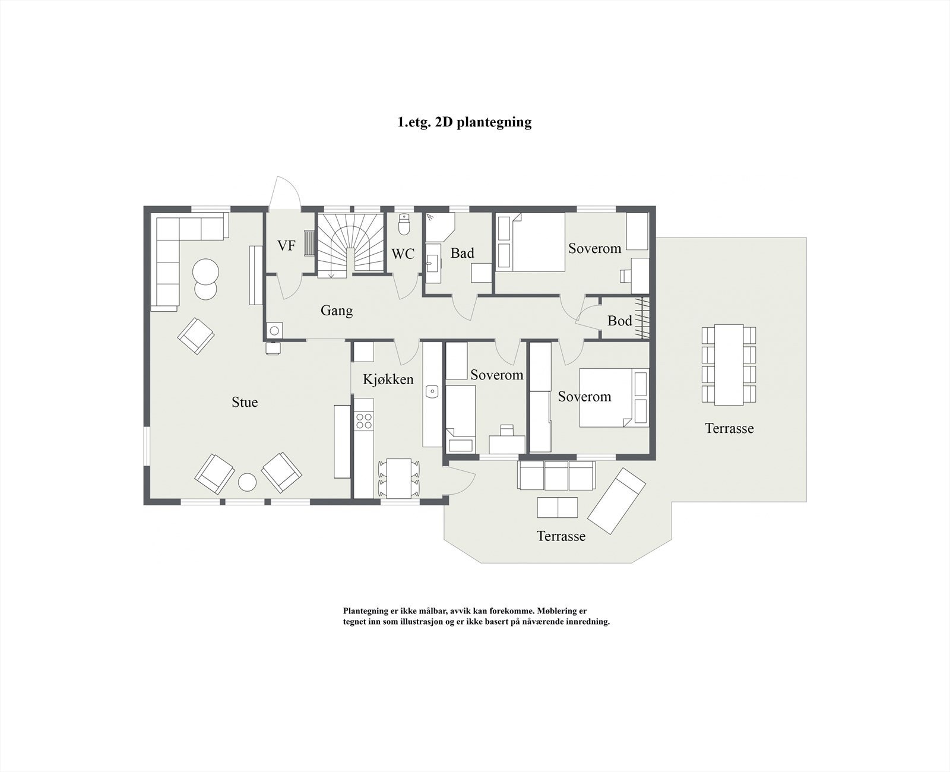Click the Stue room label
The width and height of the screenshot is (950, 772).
click(x=245, y=403)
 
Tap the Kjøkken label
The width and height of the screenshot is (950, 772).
click(x=388, y=379)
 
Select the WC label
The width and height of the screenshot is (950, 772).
click(x=403, y=254)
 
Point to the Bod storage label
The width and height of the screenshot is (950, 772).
click(x=619, y=321)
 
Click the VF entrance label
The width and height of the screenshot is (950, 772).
click(x=286, y=245)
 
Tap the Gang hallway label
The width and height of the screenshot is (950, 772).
click(x=337, y=311)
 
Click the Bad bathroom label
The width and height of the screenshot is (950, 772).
click(x=462, y=254)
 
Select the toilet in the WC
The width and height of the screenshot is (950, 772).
click(x=404, y=225)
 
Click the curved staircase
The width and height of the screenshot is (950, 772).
click(x=350, y=243)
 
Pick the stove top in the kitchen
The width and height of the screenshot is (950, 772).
click(x=363, y=421)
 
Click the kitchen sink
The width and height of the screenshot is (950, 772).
click(x=432, y=391)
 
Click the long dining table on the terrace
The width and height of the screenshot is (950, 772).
click(x=729, y=364)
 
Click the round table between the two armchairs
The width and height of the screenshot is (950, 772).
click(x=247, y=482)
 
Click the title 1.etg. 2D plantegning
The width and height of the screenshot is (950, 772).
click(x=464, y=122)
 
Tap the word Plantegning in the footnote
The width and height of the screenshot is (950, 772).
click(x=364, y=610)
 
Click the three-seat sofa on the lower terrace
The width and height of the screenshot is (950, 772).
click(x=556, y=475)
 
